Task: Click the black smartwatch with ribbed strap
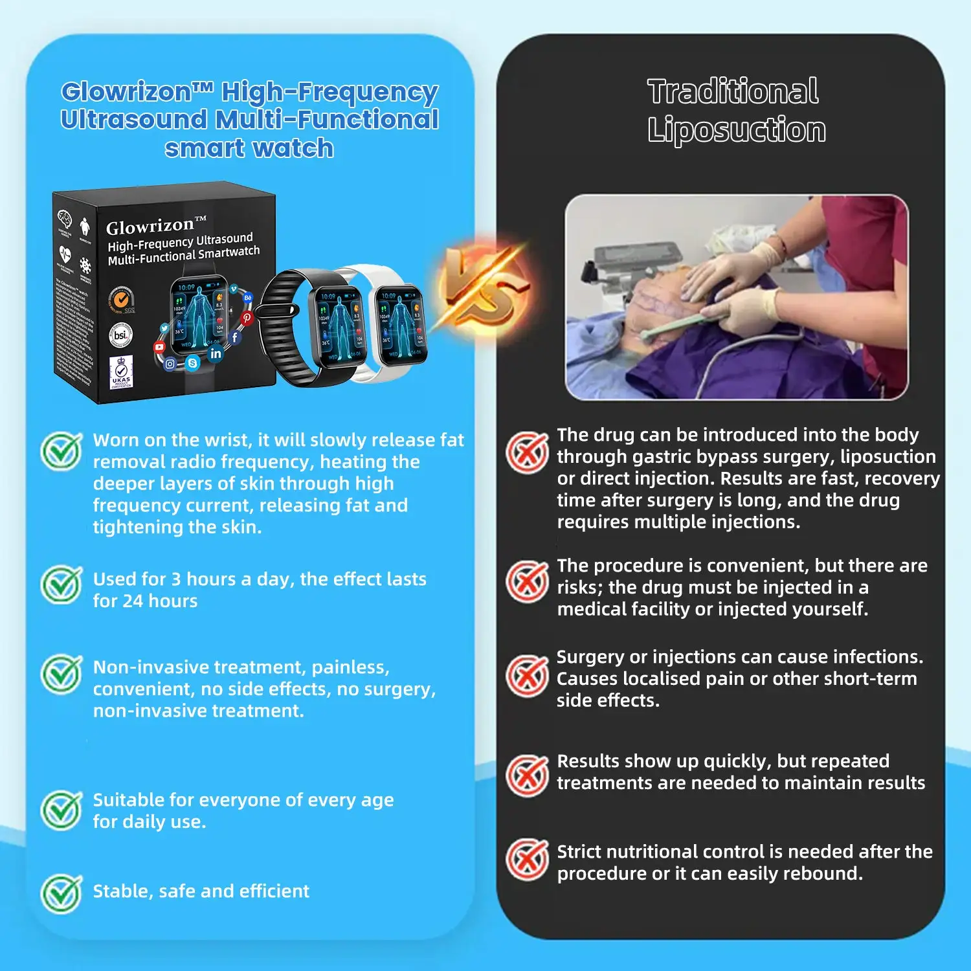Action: (317, 327)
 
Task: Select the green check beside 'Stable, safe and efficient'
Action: (61, 893)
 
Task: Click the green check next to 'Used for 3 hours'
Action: (61, 585)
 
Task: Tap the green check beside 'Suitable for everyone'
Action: (61, 810)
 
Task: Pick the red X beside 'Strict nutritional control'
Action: (527, 860)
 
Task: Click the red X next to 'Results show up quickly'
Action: (527, 775)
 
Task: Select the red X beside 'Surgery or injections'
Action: (527, 676)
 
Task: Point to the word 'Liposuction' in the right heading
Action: (737, 130)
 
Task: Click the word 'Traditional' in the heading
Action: (733, 91)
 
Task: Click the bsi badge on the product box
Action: (120, 335)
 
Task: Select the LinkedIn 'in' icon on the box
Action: (216, 353)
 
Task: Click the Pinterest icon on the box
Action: (247, 318)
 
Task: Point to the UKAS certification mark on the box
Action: (121, 372)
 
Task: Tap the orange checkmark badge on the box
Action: (120, 299)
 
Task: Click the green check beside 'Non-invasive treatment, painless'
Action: (61, 674)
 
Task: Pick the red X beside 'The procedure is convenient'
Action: (527, 581)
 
